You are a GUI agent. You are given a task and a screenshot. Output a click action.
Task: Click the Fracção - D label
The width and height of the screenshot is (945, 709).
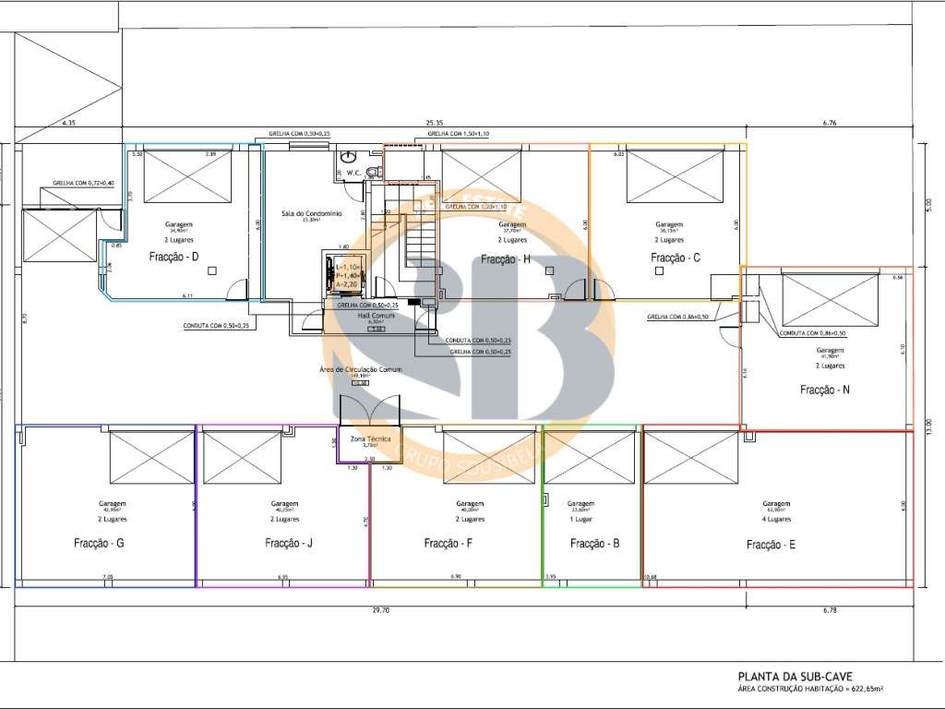click(x=174, y=257)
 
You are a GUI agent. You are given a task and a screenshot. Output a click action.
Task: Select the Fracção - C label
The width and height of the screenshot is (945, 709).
click(x=676, y=258)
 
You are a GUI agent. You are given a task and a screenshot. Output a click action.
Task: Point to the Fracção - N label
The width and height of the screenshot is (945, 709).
click(x=824, y=390)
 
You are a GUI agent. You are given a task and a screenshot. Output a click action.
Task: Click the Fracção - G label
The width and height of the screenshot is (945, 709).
click(x=99, y=544)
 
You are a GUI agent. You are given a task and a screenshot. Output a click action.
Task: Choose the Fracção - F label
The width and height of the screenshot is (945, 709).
click(x=449, y=544)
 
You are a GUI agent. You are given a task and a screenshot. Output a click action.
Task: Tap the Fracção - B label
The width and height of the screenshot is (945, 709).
click(x=594, y=544)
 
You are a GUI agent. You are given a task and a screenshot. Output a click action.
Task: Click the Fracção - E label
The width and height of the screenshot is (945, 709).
click(x=771, y=545)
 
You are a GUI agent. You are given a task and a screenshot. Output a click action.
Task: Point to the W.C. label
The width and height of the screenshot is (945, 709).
click(x=352, y=173)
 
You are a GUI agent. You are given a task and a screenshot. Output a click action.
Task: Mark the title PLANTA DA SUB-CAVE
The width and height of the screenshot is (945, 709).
click(x=789, y=676)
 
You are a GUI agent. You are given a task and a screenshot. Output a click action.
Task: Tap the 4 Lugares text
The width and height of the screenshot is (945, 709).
click(x=777, y=521)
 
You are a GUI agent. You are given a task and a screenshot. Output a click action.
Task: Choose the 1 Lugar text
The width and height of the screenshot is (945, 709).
click(x=580, y=521)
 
